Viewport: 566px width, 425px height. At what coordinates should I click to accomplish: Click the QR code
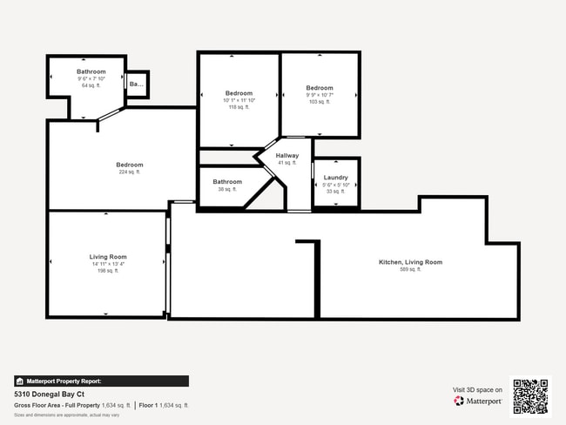[x=530, y=395]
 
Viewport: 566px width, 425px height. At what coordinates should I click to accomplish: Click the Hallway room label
[x=287, y=156]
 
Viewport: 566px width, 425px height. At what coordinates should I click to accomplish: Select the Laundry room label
[x=335, y=178]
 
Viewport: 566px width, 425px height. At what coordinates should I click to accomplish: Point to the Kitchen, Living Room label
[x=410, y=262]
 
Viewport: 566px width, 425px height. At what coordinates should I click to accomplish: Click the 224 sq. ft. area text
[x=130, y=172]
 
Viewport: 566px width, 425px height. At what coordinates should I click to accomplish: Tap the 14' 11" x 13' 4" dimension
[x=108, y=264]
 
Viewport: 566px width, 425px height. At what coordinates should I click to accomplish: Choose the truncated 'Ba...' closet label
[x=137, y=84]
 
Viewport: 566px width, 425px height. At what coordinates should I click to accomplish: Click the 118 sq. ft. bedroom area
[x=239, y=107]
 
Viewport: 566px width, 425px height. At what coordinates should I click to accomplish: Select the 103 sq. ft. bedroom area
[x=320, y=102]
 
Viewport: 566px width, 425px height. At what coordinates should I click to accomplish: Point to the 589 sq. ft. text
[x=410, y=270]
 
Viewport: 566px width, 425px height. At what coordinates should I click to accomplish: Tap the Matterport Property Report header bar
[x=100, y=381]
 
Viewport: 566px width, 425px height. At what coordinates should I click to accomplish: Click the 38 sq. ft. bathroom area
[x=226, y=189]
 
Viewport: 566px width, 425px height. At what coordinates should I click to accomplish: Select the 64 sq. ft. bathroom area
[x=91, y=85]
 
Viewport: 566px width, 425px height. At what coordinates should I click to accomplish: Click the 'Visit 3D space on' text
[x=477, y=389]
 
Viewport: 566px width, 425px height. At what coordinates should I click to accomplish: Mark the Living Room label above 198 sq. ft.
[x=108, y=257]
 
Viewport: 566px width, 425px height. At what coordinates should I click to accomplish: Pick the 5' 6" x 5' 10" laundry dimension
[x=335, y=185]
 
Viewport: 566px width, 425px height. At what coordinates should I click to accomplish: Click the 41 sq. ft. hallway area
[x=287, y=163]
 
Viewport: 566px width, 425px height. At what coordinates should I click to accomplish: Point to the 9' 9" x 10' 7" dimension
[x=320, y=95]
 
